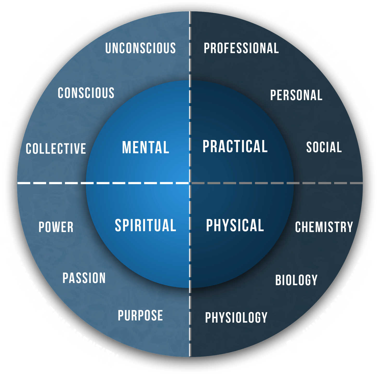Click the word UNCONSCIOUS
(141, 48)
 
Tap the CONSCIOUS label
(86, 93)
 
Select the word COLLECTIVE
(56, 149)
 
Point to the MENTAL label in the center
(145, 147)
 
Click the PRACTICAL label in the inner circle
(235, 146)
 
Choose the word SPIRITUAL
(145, 225)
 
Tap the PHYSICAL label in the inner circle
(235, 225)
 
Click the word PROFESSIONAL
(241, 48)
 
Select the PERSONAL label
(296, 95)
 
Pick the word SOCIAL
(324, 147)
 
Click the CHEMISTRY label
(324, 227)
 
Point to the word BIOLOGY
(296, 280)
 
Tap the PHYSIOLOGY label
(236, 317)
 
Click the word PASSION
(84, 278)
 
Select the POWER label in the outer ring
(56, 227)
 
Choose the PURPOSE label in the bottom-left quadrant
(140, 315)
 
